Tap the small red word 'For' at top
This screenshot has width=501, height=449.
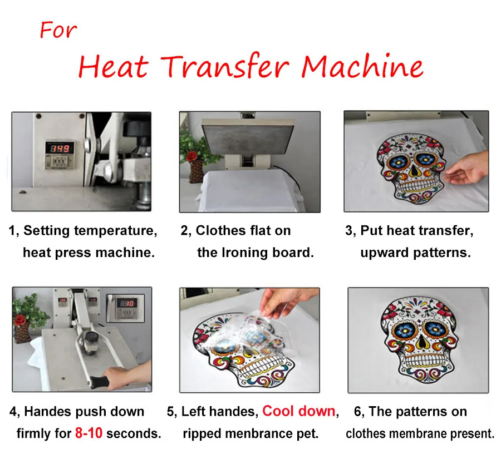[x=58, y=30]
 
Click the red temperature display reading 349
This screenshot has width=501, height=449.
[x=60, y=148]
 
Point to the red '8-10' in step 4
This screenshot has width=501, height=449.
[x=89, y=433]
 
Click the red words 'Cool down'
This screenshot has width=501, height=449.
[x=299, y=411]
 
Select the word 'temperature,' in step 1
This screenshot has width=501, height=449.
[x=116, y=230]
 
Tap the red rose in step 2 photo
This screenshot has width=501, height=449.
[x=191, y=156]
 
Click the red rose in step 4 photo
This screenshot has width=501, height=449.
[x=20, y=320]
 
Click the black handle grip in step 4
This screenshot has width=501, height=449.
[x=100, y=381]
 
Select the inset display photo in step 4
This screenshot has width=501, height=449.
[x=125, y=308]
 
